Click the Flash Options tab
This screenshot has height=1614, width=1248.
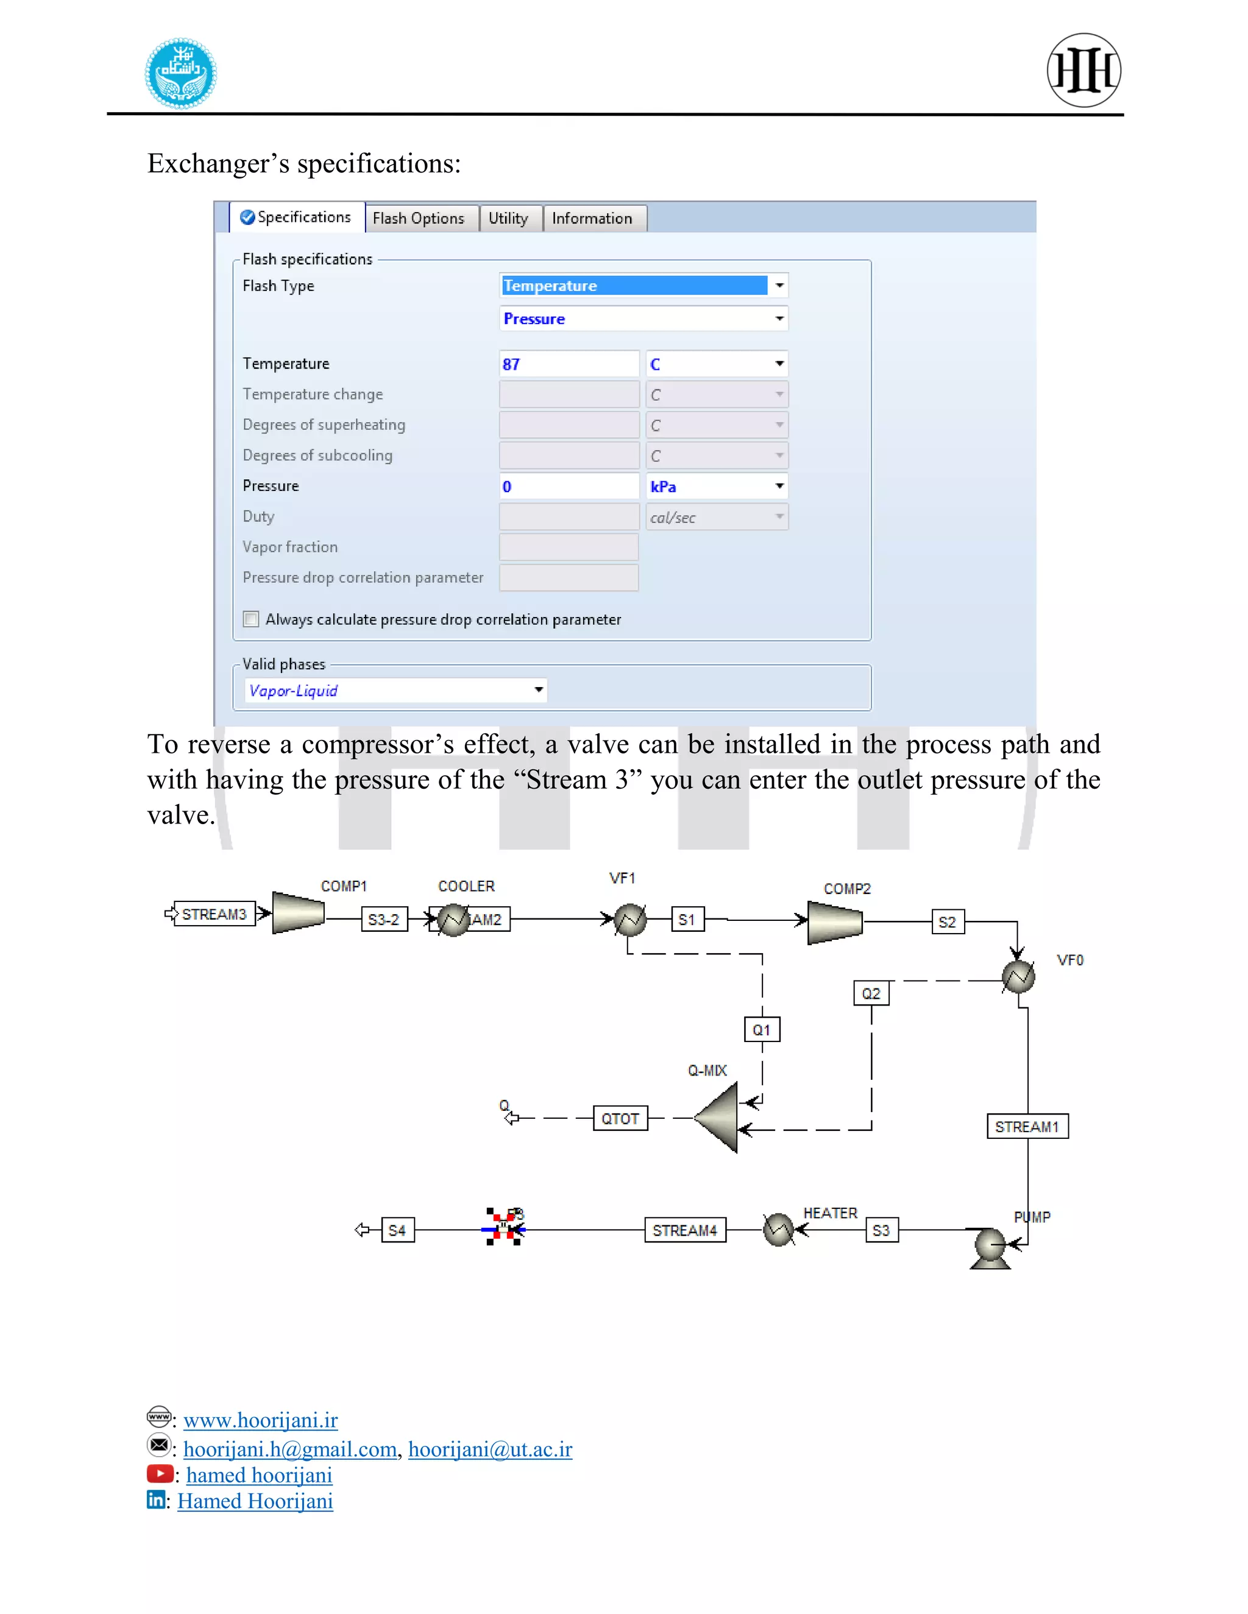point(419,219)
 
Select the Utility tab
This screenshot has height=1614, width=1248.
point(509,219)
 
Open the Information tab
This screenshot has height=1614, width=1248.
point(592,219)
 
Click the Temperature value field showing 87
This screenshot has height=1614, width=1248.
point(568,364)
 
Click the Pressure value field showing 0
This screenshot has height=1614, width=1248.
point(568,486)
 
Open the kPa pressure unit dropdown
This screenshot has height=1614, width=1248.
point(715,486)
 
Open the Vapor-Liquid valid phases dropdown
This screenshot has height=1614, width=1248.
point(395,690)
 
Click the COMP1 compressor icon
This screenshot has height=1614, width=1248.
point(298,913)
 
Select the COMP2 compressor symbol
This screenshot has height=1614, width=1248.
point(835,923)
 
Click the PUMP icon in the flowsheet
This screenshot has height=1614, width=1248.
point(990,1247)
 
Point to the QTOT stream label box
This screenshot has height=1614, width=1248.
point(620,1119)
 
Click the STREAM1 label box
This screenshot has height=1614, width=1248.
point(1027,1126)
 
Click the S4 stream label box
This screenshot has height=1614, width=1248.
point(397,1230)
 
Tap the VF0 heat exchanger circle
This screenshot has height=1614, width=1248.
point(1018,977)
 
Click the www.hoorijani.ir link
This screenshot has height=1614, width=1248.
point(260,1420)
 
